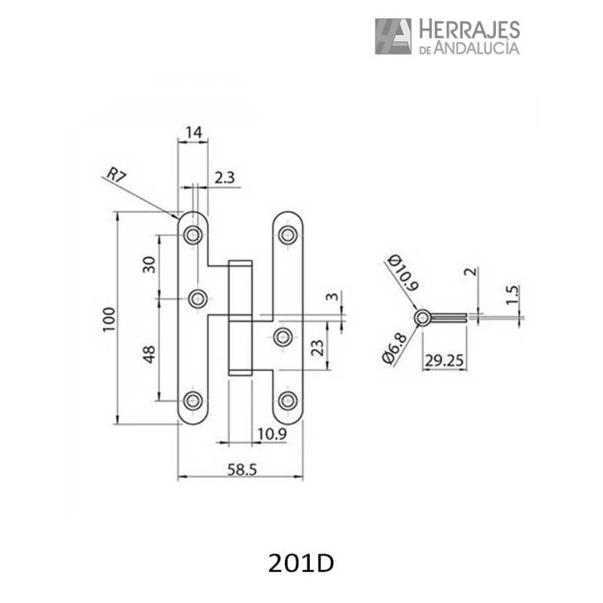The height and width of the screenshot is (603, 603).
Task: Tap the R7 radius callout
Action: [x=115, y=176]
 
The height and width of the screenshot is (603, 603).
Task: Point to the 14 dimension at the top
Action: [x=194, y=133]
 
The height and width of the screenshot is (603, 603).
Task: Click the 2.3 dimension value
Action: [x=225, y=178]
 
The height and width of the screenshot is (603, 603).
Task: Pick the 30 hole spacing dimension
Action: [x=148, y=265]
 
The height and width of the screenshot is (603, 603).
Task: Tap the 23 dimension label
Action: [x=317, y=347]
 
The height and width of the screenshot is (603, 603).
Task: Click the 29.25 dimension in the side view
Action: [x=442, y=360]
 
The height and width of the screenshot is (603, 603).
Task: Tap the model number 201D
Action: [x=301, y=563]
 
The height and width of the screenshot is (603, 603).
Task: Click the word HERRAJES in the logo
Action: [x=468, y=29]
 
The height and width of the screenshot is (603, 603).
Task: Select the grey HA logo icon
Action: [x=393, y=36]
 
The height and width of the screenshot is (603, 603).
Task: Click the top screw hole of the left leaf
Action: [x=194, y=235]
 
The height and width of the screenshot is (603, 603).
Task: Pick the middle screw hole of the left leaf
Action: [x=198, y=299]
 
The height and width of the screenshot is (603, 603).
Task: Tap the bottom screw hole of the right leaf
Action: [x=287, y=400]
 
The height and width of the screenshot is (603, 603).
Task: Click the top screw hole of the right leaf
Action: [x=287, y=235]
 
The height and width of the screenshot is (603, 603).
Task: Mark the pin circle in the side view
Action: [x=423, y=317]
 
